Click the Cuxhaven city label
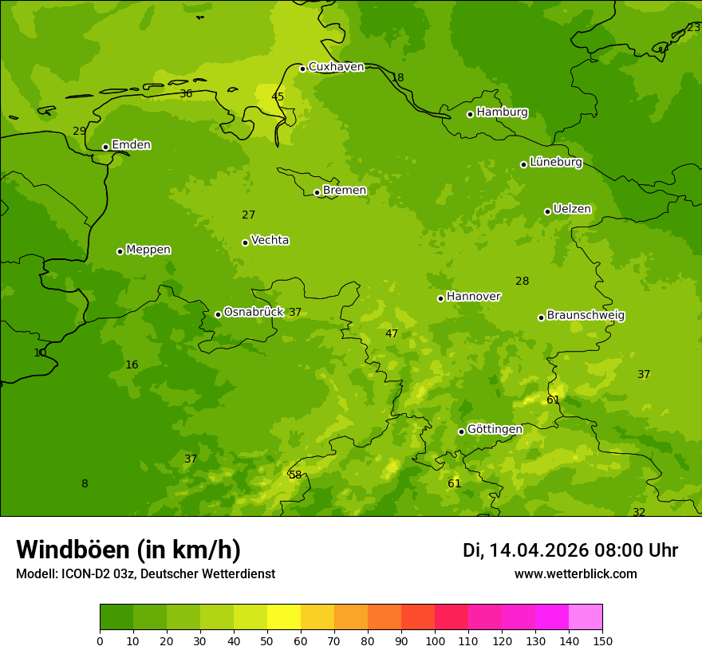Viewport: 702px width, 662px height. [x=336, y=67]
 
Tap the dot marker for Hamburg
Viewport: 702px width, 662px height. [x=471, y=114]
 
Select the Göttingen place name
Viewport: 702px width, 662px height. [x=495, y=429]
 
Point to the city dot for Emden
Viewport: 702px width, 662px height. [x=105, y=147]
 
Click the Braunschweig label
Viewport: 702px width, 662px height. [x=586, y=315]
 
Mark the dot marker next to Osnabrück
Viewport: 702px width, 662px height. [x=218, y=314]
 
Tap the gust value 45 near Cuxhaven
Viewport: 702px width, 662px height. [x=278, y=97]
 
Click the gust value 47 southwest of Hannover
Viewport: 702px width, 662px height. [x=392, y=333]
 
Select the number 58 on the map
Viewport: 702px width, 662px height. [x=295, y=475]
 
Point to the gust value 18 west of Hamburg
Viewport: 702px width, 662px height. [x=397, y=77]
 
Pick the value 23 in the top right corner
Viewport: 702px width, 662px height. [x=693, y=27]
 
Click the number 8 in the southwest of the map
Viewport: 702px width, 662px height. [x=85, y=483]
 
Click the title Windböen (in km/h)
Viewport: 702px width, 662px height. [x=128, y=550]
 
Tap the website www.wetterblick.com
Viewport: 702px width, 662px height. [x=575, y=573]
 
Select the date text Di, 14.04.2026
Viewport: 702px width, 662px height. [x=526, y=550]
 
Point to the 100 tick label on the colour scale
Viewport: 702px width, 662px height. [x=435, y=640]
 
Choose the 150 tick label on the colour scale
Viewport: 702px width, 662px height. [x=602, y=640]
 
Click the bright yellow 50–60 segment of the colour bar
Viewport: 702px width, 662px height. [x=284, y=617]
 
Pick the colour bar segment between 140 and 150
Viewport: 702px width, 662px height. [x=586, y=617]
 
